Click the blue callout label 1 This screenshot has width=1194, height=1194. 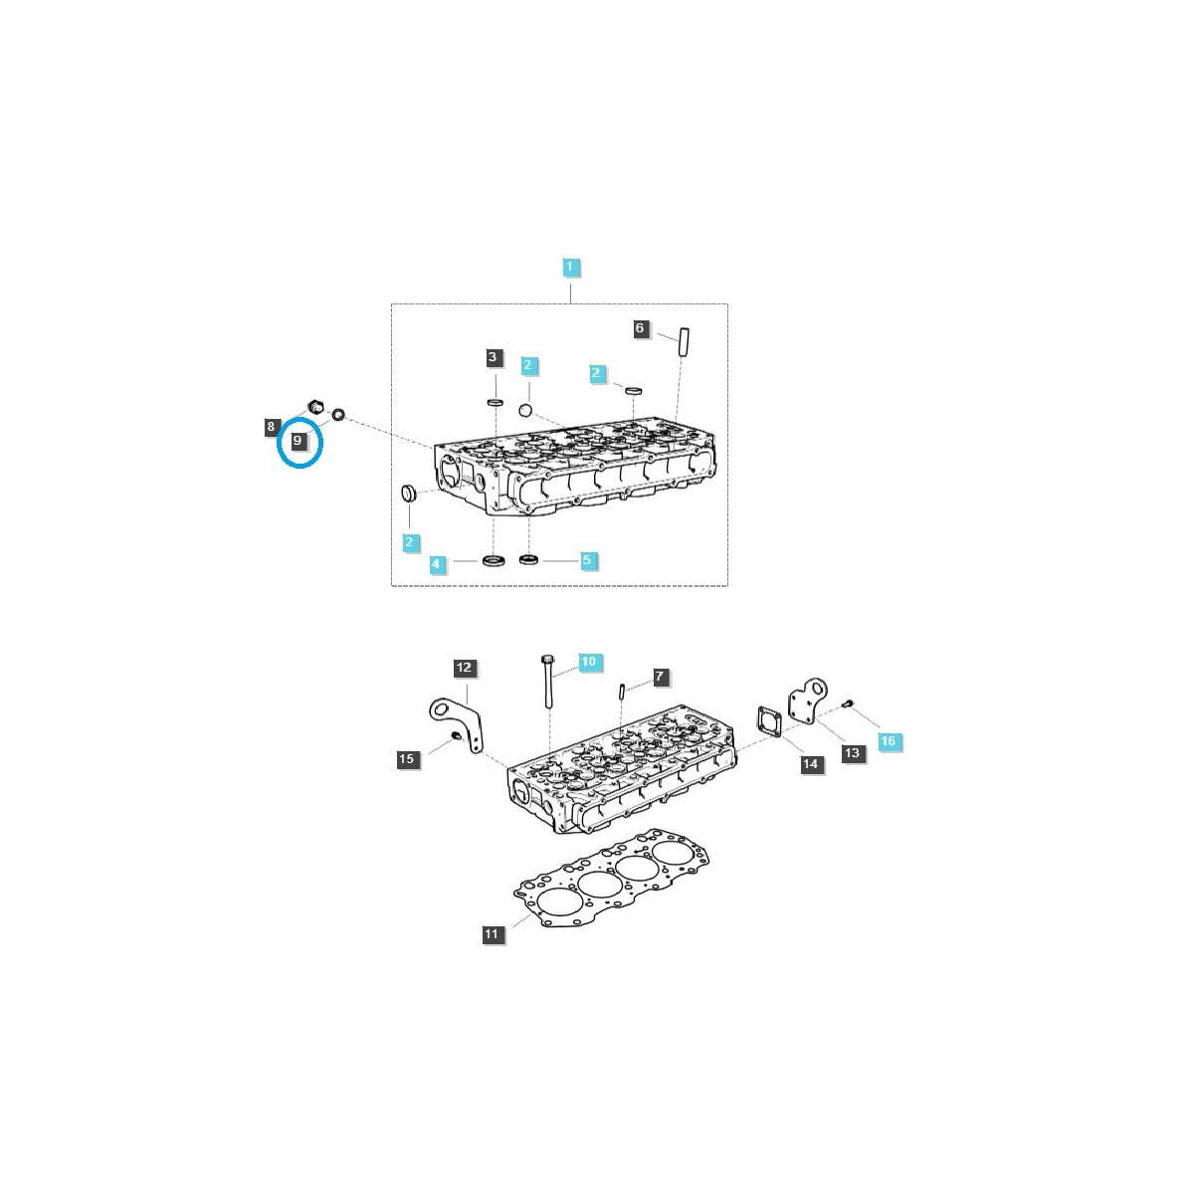(570, 267)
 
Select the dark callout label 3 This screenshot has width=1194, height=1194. (493, 357)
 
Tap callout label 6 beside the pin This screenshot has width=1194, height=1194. (640, 328)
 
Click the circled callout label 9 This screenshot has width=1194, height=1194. (298, 440)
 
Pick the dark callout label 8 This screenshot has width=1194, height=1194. (271, 427)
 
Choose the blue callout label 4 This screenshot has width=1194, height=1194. (435, 564)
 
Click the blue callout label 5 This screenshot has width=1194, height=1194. (586, 560)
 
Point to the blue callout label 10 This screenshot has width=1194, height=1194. (588, 662)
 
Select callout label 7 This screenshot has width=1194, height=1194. (659, 677)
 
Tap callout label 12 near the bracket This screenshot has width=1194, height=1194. (465, 668)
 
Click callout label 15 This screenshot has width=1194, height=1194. (406, 759)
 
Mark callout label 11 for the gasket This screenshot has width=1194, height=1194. (492, 934)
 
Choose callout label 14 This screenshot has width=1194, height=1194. (811, 764)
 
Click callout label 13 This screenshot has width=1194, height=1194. (852, 753)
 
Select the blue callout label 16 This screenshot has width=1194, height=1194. (888, 741)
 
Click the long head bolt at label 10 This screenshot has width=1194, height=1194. (547, 683)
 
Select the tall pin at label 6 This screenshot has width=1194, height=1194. (683, 342)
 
